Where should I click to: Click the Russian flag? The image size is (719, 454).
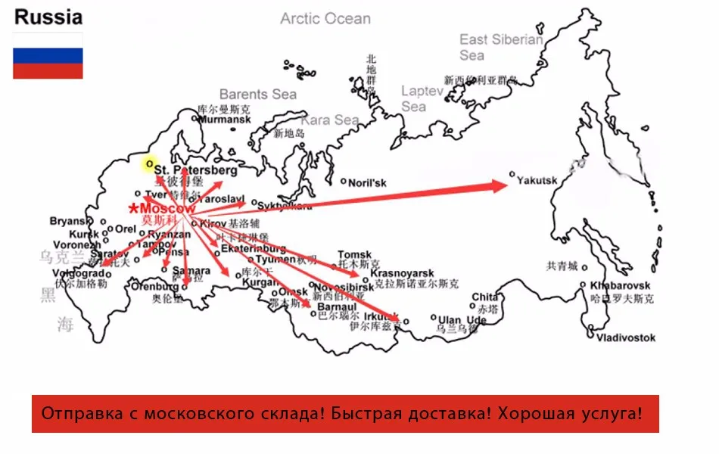48,55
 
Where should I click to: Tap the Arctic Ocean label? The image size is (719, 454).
325,18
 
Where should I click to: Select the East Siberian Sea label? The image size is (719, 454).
500,47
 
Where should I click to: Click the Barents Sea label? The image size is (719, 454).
258,94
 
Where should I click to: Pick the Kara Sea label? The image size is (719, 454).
330,120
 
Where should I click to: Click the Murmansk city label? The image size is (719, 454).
226,120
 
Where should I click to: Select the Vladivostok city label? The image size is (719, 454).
625,337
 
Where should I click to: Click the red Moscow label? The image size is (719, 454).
168,208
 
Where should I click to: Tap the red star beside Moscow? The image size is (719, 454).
134,208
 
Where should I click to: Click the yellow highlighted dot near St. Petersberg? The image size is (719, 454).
150,163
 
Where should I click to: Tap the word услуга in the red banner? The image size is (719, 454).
607,414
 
